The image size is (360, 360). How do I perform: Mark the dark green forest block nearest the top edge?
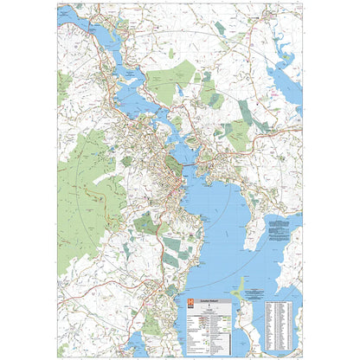click(x=221, y=28)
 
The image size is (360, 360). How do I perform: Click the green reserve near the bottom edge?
click(x=152, y=325)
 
